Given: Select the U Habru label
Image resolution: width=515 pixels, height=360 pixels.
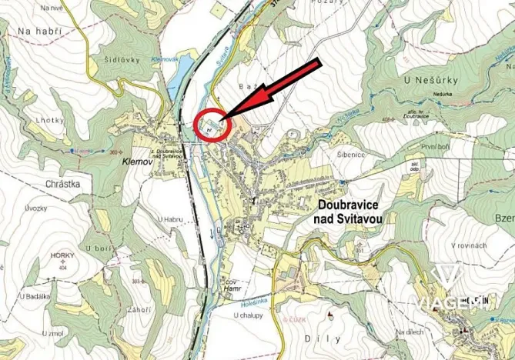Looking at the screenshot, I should coord(172,220).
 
